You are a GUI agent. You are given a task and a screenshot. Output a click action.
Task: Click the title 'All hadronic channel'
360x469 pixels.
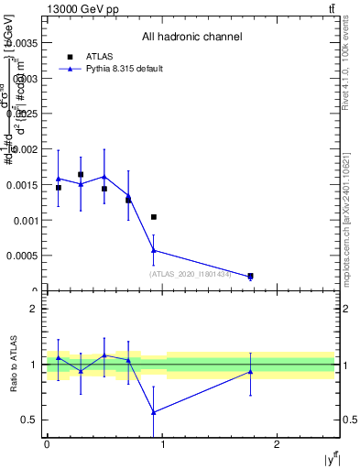click(x=191, y=38)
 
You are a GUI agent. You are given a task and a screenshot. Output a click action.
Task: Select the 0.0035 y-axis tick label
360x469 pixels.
click(x=22, y=42)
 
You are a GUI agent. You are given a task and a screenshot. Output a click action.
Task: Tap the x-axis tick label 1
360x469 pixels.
click(x=163, y=443)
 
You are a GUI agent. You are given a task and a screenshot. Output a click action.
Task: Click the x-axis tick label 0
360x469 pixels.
click(x=47, y=443)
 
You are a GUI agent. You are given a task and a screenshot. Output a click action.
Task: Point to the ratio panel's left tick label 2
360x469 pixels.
click(x=34, y=309)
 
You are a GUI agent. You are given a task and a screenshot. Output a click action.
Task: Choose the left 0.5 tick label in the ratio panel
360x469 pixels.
click(x=29, y=420)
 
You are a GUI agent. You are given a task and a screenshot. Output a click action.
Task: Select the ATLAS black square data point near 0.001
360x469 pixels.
click(x=154, y=217)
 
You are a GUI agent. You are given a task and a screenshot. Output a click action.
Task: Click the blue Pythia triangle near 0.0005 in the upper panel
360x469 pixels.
click(x=154, y=249)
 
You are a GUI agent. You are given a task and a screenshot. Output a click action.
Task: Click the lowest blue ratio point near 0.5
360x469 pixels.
click(x=154, y=411)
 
